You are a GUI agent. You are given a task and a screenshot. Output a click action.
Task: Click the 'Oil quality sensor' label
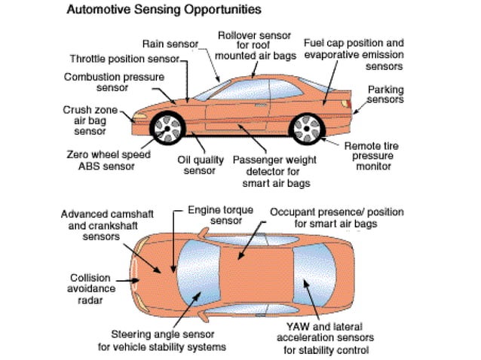click(200, 165)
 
